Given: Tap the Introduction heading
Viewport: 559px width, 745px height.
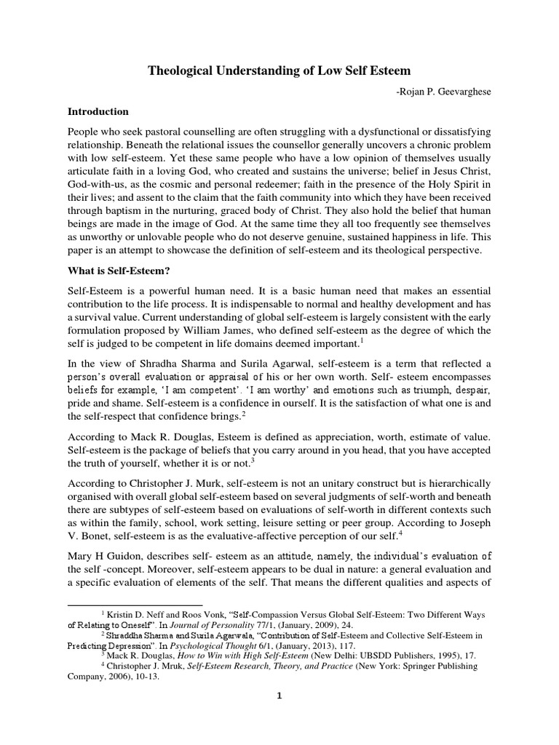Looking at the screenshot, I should click(x=98, y=112).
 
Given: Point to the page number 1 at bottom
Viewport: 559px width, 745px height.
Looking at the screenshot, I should click(x=279, y=717).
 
